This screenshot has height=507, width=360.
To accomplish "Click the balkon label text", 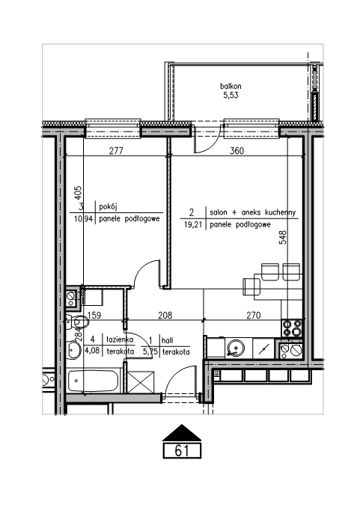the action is [231, 86].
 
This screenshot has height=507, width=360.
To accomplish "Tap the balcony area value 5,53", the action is [231, 96].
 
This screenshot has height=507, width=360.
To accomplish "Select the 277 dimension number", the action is [116, 150].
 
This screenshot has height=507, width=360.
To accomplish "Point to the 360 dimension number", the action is [237, 150].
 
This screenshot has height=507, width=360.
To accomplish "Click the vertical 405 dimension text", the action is [78, 193].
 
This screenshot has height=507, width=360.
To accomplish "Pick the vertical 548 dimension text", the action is [283, 237].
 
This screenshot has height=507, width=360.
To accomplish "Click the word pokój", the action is [108, 206].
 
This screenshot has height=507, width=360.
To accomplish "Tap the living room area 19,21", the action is [193, 225].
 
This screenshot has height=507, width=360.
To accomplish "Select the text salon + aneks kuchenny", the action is [253, 212].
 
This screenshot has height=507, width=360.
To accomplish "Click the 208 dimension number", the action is [165, 315].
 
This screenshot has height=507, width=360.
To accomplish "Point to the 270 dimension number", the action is [253, 315].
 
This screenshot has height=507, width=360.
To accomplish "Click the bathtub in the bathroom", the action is [94, 381].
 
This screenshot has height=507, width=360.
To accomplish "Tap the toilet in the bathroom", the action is [77, 322].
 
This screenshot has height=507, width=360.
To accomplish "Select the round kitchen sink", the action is [235, 348].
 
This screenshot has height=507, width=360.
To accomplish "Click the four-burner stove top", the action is [293, 328].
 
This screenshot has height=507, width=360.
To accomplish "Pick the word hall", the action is [168, 340].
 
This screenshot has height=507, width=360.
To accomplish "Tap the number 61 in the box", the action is [182, 450].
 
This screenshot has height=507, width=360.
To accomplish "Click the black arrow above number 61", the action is [182, 432].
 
